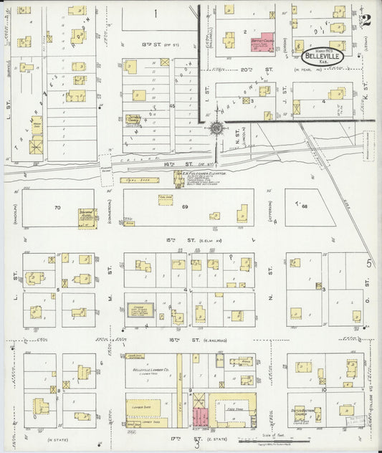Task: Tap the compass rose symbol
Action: coord(216,129)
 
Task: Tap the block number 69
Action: coord(183,206)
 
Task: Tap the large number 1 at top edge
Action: coord(156,13)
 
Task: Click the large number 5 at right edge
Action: coord(370,263)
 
